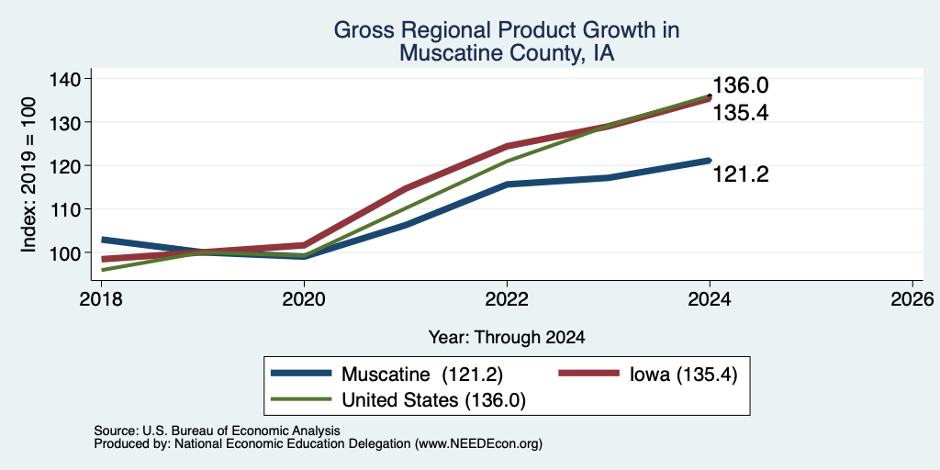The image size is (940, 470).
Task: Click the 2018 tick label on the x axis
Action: [x=101, y=299]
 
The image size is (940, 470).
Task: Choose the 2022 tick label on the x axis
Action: [x=507, y=299]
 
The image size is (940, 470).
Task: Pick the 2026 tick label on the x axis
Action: [x=912, y=299]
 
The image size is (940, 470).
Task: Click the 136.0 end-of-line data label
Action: [x=741, y=85]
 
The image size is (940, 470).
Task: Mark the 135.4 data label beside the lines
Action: [x=741, y=113]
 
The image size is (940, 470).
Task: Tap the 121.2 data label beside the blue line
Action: [x=741, y=174]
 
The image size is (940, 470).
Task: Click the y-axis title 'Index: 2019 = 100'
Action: [x=28, y=174]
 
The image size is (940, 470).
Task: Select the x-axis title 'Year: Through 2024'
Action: [x=507, y=338]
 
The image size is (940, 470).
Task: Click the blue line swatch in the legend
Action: [x=301, y=373]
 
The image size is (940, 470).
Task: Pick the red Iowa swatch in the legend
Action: [x=588, y=373]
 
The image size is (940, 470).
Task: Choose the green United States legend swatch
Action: [x=301, y=398]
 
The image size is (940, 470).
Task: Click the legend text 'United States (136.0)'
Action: [x=433, y=400]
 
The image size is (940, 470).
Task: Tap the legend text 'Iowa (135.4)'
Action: [x=683, y=375]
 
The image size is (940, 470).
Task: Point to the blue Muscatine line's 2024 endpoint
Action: [x=710, y=160]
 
